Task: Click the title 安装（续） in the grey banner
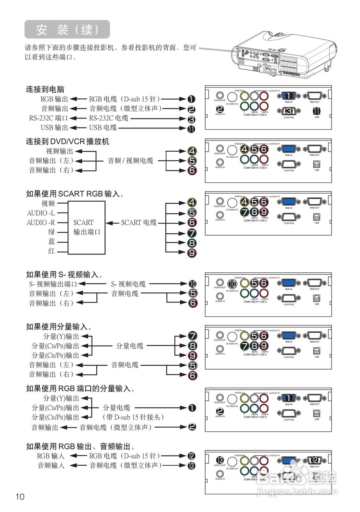(x=67, y=30)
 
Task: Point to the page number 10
(x=20, y=497)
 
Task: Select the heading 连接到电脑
(x=45, y=89)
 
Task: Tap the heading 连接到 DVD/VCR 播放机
(x=68, y=142)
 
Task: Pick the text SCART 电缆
(x=139, y=223)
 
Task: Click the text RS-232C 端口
(x=48, y=118)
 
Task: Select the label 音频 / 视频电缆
(x=130, y=160)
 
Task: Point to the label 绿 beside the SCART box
(x=52, y=232)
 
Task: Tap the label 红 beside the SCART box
(x=52, y=251)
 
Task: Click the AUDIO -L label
(x=41, y=213)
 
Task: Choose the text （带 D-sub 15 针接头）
(x=134, y=417)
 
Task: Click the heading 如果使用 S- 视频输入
(x=64, y=274)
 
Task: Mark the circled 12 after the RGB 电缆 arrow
(x=192, y=456)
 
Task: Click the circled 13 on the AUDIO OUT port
(x=219, y=460)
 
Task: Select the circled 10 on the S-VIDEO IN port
(x=232, y=284)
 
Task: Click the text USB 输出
(x=54, y=128)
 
